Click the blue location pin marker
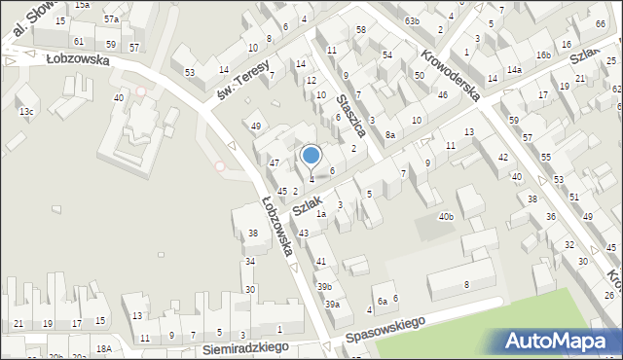tap(311, 156)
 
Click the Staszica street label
tap(348, 115)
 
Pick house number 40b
tap(446, 216)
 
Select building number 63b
tap(412, 20)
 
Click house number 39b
tap(324, 286)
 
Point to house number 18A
tap(104, 348)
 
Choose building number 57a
tap(112, 18)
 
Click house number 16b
tap(542, 56)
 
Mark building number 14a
tap(513, 70)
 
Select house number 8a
tap(390, 134)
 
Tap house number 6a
tap(383, 301)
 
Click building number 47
tap(275, 162)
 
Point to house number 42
tap(503, 157)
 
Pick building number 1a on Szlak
tap(320, 213)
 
